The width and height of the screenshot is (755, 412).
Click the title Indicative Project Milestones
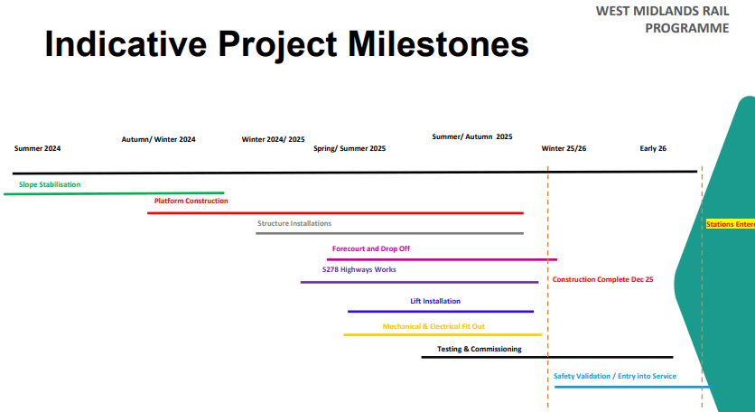point(286,43)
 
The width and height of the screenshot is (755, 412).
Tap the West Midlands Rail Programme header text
point(663,19)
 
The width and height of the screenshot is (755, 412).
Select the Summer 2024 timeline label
point(37,148)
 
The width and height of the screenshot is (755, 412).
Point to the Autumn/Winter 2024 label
point(159,140)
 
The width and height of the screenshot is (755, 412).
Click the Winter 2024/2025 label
point(274,140)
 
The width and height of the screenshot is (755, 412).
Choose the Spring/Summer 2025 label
point(350,148)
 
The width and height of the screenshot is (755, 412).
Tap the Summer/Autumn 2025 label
point(472,137)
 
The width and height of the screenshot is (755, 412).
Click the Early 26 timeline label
point(653,148)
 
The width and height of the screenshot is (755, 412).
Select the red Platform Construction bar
point(335,213)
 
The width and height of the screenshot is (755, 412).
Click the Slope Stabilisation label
point(49,185)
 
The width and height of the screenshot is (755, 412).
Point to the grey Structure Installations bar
point(389,233)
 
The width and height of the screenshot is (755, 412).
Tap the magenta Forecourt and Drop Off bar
point(442,260)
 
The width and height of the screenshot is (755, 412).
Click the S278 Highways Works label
point(359,269)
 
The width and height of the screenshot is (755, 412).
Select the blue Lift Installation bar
point(440,312)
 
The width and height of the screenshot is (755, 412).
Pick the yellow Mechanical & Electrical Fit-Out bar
point(443,334)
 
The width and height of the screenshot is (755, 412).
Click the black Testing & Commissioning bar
point(546,357)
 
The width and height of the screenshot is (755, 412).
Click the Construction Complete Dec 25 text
point(602,280)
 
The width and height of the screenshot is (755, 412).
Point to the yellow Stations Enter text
point(730,224)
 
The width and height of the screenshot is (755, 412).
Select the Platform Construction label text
point(191,201)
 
